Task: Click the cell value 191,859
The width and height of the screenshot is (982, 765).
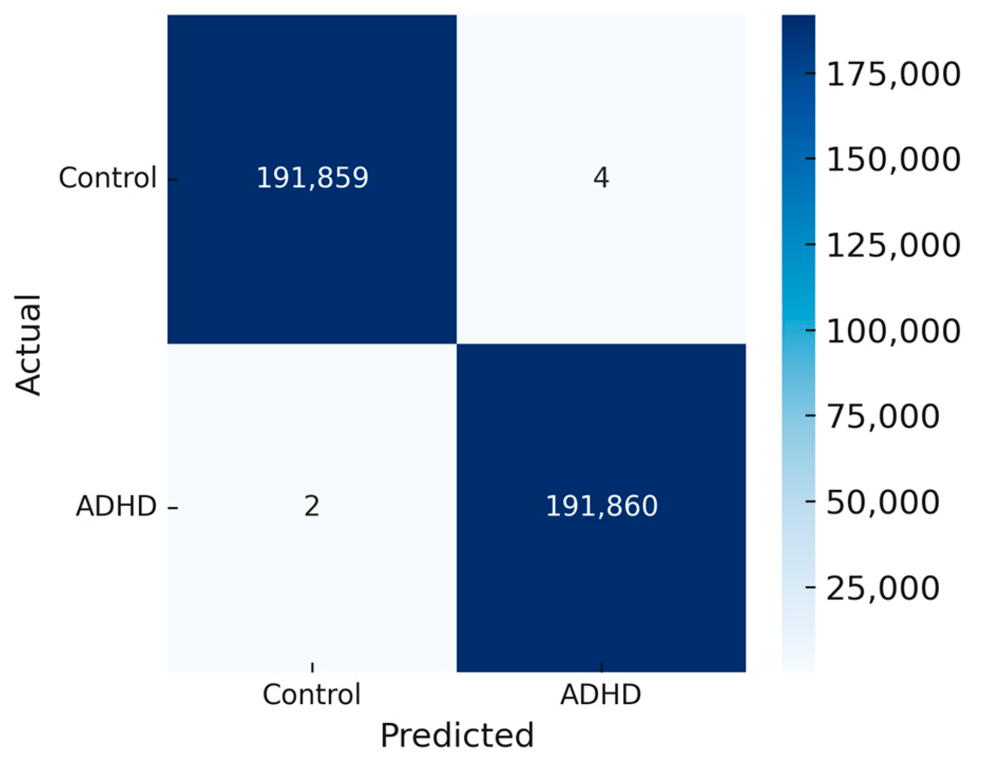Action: pos(312,178)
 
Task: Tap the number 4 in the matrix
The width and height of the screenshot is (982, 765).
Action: pos(601,178)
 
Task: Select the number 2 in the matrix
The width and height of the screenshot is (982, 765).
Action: pos(312,506)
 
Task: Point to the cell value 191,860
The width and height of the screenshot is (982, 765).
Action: pos(601,506)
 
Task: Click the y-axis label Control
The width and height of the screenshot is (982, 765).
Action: pos(108,178)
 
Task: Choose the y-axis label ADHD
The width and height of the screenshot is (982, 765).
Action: pos(116,506)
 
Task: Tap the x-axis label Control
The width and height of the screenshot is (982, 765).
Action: pos(312,694)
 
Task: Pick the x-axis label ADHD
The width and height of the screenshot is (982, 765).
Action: pos(601,694)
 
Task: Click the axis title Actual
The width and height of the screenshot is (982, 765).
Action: pos(28,344)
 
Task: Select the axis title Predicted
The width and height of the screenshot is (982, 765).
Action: pos(457,735)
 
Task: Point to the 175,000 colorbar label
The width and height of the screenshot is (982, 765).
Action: pos(893,74)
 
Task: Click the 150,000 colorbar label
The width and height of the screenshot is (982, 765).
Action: pos(893,159)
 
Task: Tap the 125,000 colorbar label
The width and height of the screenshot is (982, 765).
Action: pos(893,245)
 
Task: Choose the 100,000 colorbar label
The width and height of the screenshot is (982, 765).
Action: pos(893,330)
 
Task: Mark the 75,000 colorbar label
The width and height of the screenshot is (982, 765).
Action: pos(883,416)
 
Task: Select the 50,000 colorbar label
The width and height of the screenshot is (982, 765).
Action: pos(883,502)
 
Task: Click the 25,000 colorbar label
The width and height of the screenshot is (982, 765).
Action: pos(883,587)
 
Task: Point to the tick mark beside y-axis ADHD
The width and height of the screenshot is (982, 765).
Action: pos(173,507)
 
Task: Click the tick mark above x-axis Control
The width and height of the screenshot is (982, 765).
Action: pos(312,667)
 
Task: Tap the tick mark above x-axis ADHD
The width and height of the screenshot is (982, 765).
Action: pos(601,667)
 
